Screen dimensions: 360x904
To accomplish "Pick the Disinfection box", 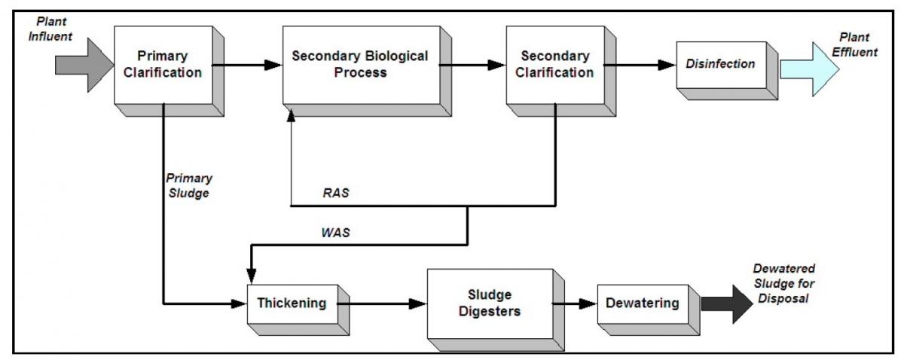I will coord(720,65).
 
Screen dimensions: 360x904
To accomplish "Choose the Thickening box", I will coord(292,304).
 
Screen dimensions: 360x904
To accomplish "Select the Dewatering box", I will coord(642,304).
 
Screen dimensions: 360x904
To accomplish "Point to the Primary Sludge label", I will coord(188,185).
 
